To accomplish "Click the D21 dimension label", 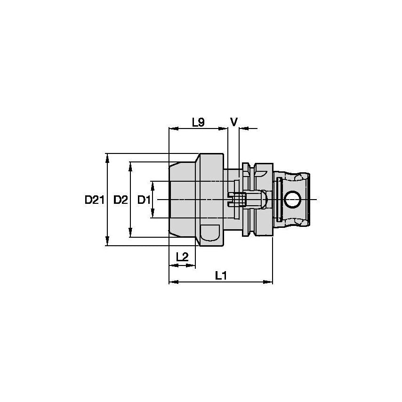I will (x=94, y=200).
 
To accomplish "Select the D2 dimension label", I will (x=121, y=200).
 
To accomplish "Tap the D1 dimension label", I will (x=144, y=200).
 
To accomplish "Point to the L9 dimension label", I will (x=198, y=122).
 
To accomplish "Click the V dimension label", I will (x=233, y=122).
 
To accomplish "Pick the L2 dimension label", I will (x=182, y=257).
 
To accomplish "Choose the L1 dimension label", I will (x=221, y=276).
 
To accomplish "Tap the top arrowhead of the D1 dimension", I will (x=152, y=184).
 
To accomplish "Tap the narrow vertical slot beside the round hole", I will (x=280, y=200).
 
